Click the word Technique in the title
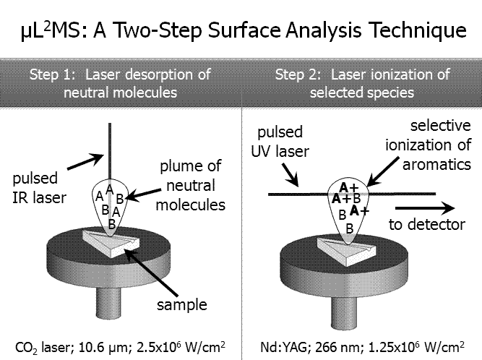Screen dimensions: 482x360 418,30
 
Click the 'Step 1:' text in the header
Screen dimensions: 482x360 52,74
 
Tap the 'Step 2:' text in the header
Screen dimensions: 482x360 298,74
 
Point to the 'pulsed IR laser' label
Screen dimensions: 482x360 39,188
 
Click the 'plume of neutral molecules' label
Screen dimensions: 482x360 191,185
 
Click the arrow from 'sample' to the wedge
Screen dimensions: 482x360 151,273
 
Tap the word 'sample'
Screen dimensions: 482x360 182,304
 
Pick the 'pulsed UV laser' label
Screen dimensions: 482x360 280,142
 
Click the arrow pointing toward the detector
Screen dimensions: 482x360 425,207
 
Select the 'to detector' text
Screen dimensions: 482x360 427,224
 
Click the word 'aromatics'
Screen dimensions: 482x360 436,165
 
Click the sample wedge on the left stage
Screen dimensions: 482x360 111,243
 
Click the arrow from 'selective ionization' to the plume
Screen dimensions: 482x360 383,171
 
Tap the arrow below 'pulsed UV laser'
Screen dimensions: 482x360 290,175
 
